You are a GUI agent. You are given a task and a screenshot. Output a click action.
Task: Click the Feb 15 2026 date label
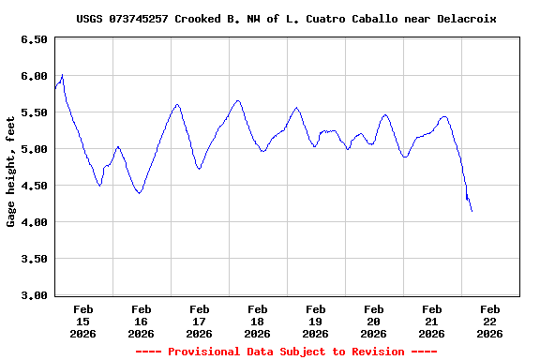coord(83,321)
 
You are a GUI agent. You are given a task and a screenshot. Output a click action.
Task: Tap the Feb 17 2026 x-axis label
coord(200,321)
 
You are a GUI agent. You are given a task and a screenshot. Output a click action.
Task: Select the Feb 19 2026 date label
coord(316,321)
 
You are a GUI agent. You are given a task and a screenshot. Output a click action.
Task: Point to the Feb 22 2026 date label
coord(489,321)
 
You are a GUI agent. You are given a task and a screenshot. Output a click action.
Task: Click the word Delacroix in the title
coord(464,19)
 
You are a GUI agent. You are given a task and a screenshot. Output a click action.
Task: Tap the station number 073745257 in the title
coord(142,19)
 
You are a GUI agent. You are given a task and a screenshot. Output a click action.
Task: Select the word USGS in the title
coord(90,19)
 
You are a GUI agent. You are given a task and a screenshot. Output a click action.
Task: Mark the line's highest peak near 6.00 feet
coord(62,75)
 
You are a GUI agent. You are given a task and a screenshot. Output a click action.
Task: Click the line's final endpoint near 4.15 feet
coord(472,211)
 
